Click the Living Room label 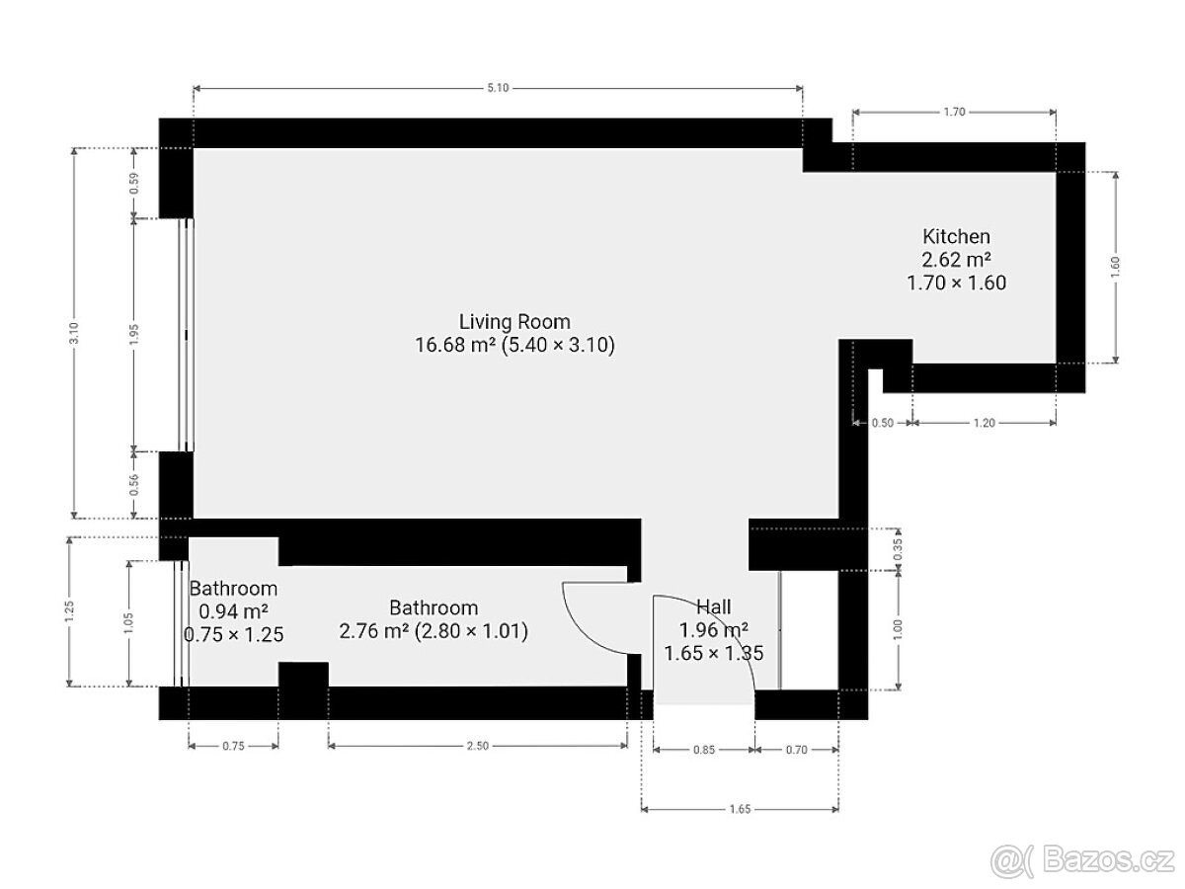point(514,322)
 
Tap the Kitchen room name point(956,236)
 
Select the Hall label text point(714,606)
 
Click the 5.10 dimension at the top point(498,88)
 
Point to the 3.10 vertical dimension point(74,333)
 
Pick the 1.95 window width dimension point(134,335)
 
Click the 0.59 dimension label point(134,183)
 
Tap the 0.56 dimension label point(134,485)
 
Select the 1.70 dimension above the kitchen point(954,112)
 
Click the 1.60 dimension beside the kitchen point(1115,267)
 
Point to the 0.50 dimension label point(883,423)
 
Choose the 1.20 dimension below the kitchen point(984,423)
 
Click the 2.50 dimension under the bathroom point(477,746)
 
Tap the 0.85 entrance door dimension point(704,750)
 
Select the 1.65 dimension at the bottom point(740,809)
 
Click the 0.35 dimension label point(898,549)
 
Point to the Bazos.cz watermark point(1082,860)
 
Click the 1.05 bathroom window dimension point(128,623)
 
